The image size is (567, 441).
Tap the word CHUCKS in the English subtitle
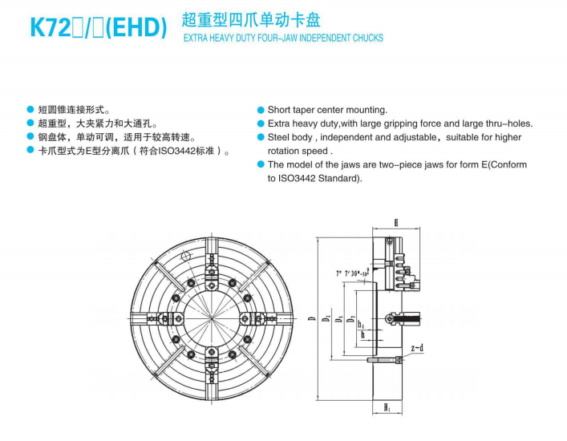pos(368,38)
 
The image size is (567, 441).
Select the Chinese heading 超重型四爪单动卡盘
pos(251,19)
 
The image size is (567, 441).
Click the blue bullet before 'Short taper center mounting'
pos(261,110)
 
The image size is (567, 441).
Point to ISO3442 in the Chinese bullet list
pos(176,151)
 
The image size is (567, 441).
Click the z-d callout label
pos(417,348)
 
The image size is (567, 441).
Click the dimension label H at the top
pos(396,223)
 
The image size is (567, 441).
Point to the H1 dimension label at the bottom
pos(387,408)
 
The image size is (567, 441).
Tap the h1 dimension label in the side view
pos(361,324)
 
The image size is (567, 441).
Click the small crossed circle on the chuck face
pos(185,256)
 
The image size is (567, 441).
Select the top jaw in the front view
pos(212,270)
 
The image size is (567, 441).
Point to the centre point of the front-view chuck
pos(212,318)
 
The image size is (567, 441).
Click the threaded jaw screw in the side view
pos(406,319)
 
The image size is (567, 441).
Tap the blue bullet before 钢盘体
pos(30,137)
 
